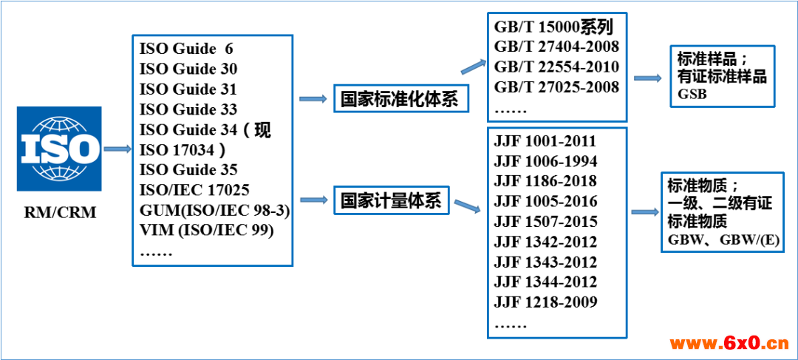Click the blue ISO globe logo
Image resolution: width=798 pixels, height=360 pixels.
click(x=59, y=149)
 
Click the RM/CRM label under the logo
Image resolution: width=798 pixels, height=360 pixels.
click(x=60, y=213)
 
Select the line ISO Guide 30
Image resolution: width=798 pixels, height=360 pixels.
click(x=188, y=69)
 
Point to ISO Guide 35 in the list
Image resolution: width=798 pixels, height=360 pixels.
click(x=188, y=169)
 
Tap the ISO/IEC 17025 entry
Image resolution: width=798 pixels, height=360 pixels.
click(x=194, y=189)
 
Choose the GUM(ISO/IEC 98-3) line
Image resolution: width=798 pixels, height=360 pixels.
click(x=214, y=210)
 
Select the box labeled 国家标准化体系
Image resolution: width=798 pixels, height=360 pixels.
click(x=400, y=100)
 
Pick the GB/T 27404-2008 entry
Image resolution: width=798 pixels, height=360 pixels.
click(x=556, y=47)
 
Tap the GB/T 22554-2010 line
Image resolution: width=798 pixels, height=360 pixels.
click(x=556, y=67)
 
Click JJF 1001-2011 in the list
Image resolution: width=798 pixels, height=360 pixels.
click(x=545, y=141)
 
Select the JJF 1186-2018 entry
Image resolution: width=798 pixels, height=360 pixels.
click(x=545, y=181)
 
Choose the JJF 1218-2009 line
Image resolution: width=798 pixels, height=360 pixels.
click(x=545, y=302)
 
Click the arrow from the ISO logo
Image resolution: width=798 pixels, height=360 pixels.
click(x=117, y=149)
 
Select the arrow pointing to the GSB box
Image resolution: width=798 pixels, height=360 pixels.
click(x=648, y=78)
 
